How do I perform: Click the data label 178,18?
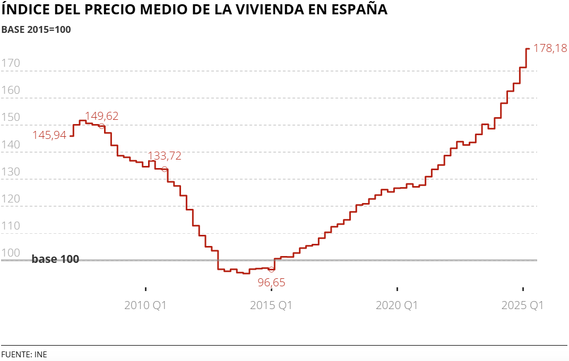click(x=550, y=48)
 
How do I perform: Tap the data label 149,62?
click(x=102, y=116)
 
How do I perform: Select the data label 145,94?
click(x=49, y=135)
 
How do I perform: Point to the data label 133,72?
click(x=165, y=156)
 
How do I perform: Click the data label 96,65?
click(x=271, y=283)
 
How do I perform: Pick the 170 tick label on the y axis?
click(x=11, y=64)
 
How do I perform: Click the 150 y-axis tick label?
click(x=11, y=118)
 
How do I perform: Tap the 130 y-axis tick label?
click(x=11, y=172)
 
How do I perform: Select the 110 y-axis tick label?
click(x=11, y=226)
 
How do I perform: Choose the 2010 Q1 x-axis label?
click(x=145, y=305)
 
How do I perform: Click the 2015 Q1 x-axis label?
click(x=271, y=305)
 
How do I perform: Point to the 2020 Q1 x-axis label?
click(x=397, y=305)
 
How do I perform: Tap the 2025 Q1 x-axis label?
click(x=523, y=305)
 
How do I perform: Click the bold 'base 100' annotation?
click(x=55, y=259)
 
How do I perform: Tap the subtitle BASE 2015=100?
click(x=36, y=30)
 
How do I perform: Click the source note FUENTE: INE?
click(x=24, y=354)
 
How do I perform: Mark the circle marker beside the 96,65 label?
click(x=271, y=269)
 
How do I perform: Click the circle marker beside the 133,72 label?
click(x=165, y=169)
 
